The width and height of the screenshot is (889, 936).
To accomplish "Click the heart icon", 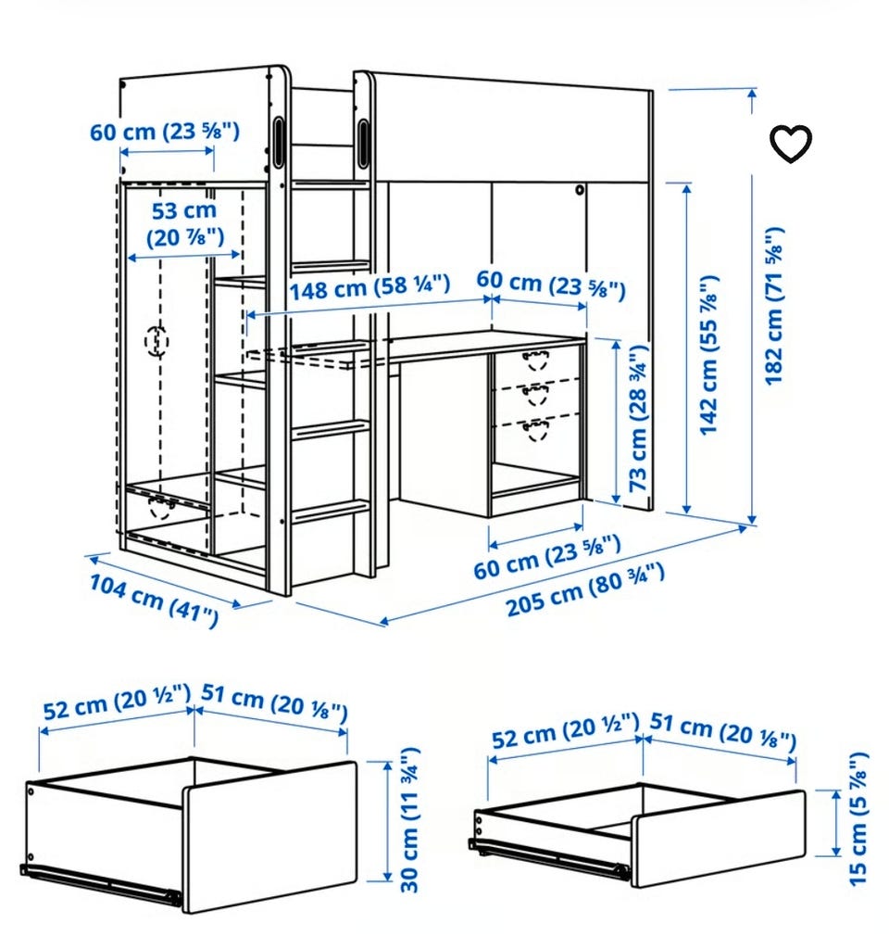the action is tap(791, 144).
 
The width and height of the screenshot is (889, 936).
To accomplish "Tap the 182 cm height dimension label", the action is tap(774, 306).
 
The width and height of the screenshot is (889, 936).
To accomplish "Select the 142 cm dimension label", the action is tap(708, 355).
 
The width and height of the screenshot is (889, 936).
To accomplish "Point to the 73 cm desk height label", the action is tap(638, 418).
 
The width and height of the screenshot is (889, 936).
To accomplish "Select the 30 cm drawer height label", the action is tap(410, 820).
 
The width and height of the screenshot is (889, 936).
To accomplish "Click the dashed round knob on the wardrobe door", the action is tap(157, 341).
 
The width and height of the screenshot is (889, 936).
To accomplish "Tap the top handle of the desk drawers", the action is tap(536, 360).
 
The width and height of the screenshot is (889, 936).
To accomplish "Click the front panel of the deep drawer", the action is tap(269, 838).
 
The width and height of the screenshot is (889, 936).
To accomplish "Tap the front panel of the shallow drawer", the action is tap(719, 839).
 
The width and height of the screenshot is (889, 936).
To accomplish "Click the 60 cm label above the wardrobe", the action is tap(165, 132).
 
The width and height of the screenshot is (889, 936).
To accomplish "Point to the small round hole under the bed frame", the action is tap(579, 190).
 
